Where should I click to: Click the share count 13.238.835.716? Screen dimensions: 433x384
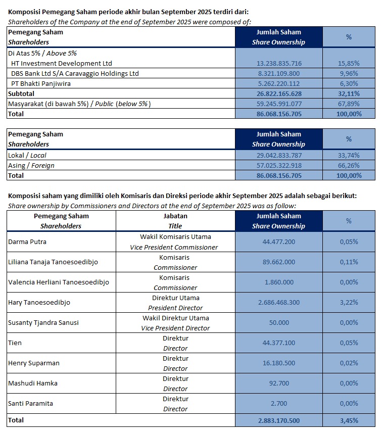279,63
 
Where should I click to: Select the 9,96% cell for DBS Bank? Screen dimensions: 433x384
349,73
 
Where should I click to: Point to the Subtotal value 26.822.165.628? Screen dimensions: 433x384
279,93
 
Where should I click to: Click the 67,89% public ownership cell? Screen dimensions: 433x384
349,104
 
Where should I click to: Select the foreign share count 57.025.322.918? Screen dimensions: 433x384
279,165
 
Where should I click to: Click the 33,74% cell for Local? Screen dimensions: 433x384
349,155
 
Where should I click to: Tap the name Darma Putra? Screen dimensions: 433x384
27,242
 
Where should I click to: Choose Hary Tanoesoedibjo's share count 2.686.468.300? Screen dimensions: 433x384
279,302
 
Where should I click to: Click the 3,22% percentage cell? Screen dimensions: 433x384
349,302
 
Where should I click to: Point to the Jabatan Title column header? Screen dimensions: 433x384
175,221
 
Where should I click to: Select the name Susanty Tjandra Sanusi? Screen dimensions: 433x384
43,322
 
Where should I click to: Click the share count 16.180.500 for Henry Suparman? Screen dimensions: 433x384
279,363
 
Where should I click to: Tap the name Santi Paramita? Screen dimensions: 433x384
30,403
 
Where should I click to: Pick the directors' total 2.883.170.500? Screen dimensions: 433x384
279,420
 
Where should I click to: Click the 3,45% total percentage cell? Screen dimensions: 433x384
349,420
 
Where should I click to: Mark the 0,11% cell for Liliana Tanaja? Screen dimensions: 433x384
349,262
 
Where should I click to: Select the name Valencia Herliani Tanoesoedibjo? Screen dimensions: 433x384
59,282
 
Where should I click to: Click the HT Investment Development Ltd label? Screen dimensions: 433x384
62,63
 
